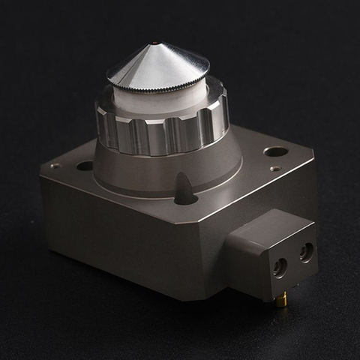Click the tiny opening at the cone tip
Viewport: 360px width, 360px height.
pos(154,43)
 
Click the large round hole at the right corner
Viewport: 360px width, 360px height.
pos(276,151)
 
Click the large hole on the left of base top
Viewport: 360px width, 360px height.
pos(85,166)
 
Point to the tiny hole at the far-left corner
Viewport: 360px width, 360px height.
pos(55,166)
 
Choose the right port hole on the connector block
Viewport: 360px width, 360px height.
pos(306,251)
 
